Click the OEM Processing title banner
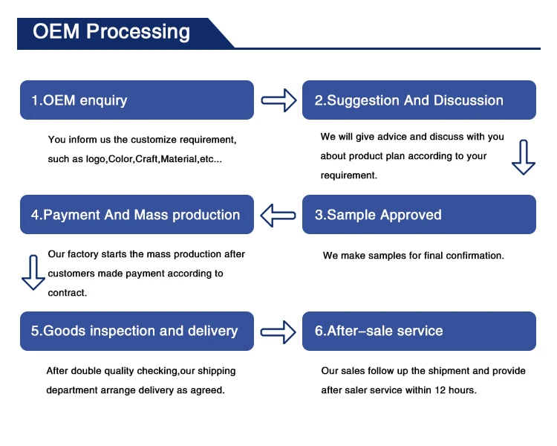[x=111, y=32]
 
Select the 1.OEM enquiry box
[x=137, y=100]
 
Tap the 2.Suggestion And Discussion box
[x=419, y=100]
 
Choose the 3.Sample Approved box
[x=419, y=215]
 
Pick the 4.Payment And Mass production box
[x=137, y=215]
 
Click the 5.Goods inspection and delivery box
[x=137, y=331]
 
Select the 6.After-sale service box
[x=419, y=331]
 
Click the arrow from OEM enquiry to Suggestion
[x=278, y=100]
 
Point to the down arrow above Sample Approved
[x=523, y=157]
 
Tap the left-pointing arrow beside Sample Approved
[x=278, y=215]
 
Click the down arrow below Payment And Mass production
[x=33, y=272]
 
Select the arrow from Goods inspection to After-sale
[x=278, y=331]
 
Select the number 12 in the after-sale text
[x=441, y=390]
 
